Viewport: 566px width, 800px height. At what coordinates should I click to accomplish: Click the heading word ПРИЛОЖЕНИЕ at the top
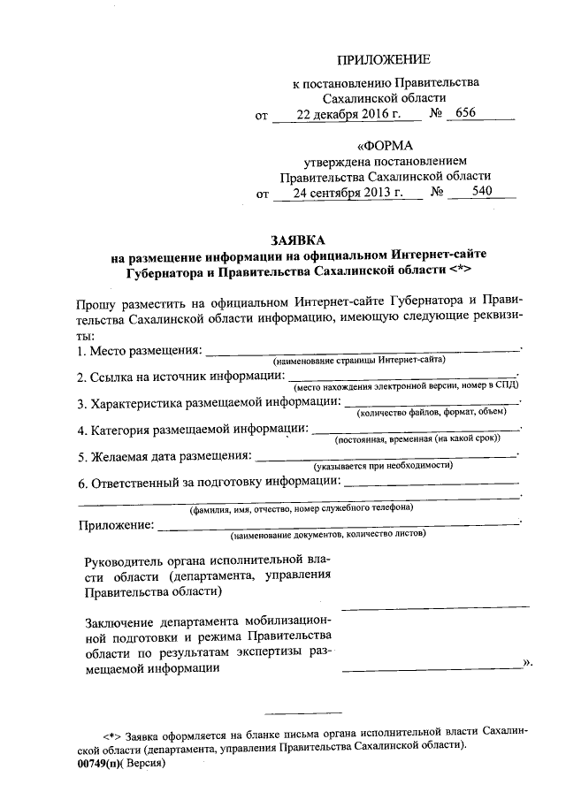(384, 60)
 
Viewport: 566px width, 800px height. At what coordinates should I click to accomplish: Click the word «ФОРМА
(385, 145)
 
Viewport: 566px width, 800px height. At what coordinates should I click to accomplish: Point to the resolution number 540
(483, 191)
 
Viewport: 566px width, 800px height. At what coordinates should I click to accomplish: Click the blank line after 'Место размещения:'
(363, 351)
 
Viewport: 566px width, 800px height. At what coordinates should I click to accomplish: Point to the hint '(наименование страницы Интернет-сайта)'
(358, 361)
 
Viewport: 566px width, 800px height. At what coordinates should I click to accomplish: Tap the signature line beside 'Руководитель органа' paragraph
(435, 606)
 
